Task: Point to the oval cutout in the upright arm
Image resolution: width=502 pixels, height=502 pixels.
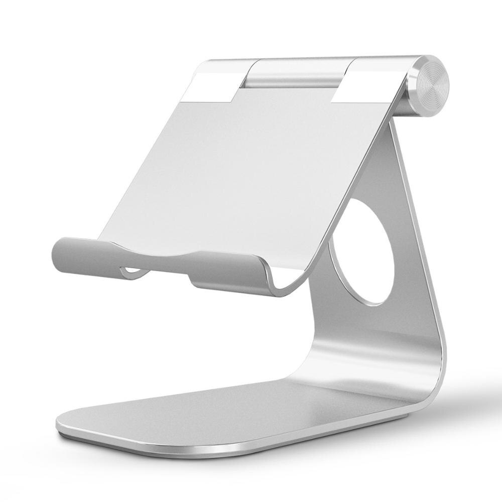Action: (x=362, y=251)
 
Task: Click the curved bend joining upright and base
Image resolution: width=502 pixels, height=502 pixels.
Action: (x=427, y=371)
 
